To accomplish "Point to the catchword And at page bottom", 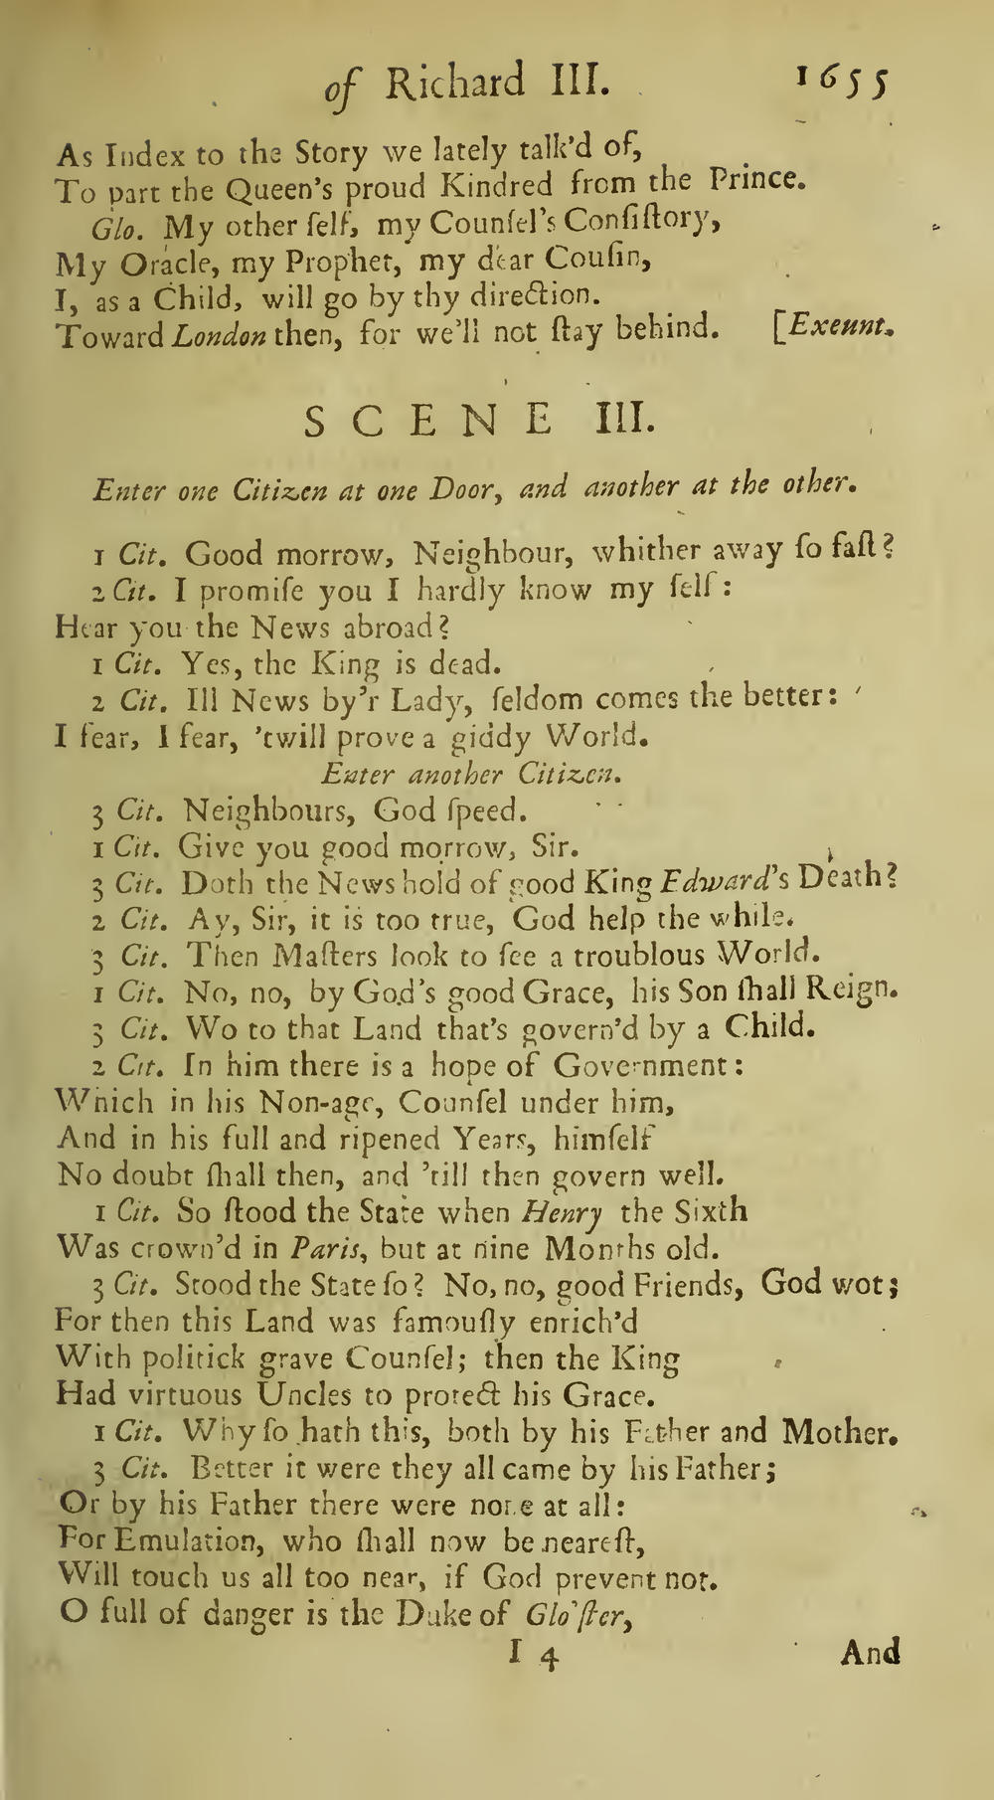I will click(x=870, y=1652).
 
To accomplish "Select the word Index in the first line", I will click(x=149, y=154).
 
